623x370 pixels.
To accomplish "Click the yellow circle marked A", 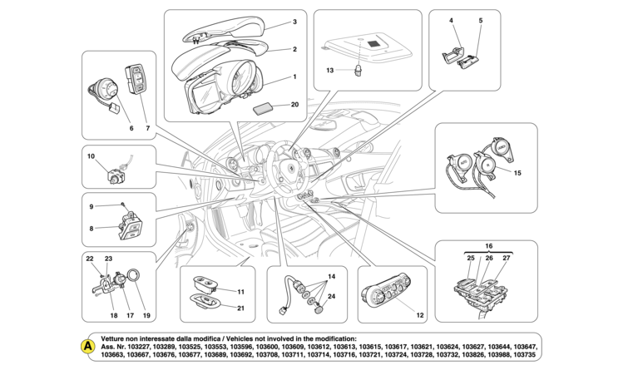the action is [x=88, y=347].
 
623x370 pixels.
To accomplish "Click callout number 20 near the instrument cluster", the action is [x=294, y=105].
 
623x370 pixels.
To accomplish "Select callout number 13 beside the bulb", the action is [x=329, y=71].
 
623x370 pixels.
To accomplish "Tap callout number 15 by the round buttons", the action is [x=517, y=173].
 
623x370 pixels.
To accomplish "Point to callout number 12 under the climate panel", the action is [x=420, y=315].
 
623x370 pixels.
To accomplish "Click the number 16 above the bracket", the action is [x=489, y=246].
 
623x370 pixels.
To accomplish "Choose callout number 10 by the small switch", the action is [x=91, y=156].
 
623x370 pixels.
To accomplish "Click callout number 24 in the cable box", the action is [x=331, y=296].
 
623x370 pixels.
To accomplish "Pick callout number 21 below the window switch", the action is [x=240, y=308].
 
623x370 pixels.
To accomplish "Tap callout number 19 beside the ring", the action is [x=146, y=316].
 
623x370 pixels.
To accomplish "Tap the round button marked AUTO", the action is [x=462, y=163].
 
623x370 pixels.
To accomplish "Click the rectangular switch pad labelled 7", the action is [x=136, y=78].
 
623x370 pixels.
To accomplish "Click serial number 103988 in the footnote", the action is [x=500, y=354].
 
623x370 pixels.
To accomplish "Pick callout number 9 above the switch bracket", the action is [x=91, y=206].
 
